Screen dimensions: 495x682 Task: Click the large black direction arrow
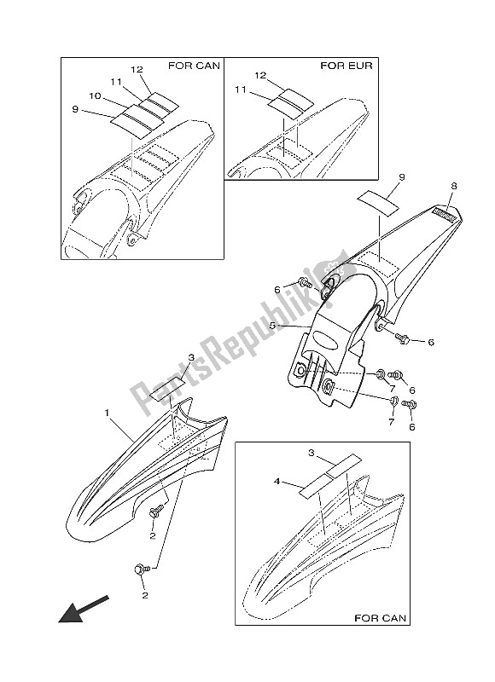point(83,609)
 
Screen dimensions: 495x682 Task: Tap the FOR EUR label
point(346,66)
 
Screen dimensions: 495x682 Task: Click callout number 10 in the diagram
point(95,96)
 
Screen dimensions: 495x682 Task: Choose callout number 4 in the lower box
point(277,482)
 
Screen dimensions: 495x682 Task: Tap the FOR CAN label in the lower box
point(380,617)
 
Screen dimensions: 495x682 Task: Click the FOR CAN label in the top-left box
point(195,66)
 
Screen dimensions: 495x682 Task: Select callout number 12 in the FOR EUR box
point(260,76)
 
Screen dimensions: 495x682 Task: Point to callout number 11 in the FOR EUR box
point(241,90)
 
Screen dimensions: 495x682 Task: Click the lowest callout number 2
point(145,594)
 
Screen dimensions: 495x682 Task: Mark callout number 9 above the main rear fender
point(402,177)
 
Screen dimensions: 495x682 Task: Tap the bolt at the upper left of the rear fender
point(306,283)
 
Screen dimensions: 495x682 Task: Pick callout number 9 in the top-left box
point(75,110)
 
